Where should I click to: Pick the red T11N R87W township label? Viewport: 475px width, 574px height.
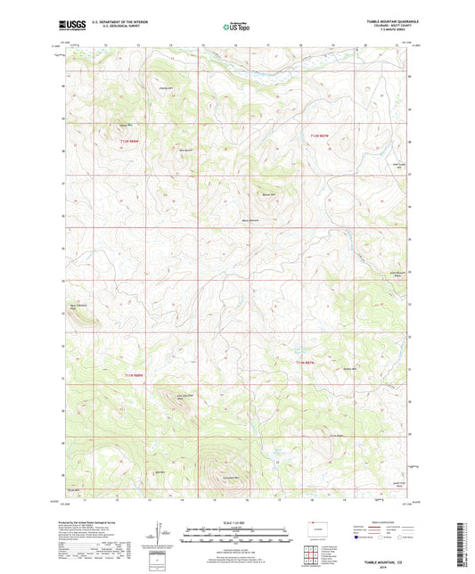pyautogui.click(x=307, y=363)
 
